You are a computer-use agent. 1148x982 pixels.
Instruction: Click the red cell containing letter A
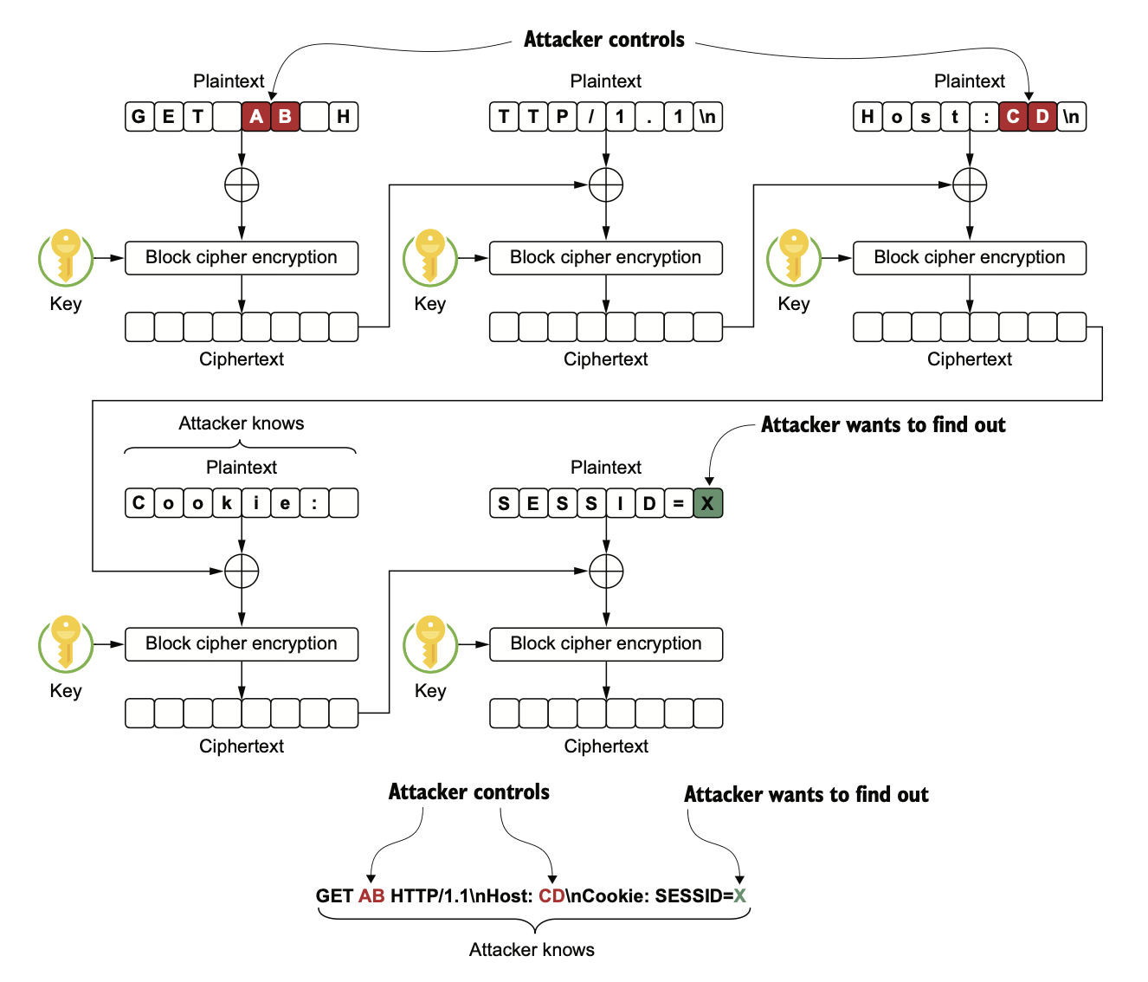pos(256,116)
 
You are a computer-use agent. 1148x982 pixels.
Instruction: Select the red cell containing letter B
pos(286,116)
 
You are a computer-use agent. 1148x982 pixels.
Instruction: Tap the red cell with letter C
pos(1013,116)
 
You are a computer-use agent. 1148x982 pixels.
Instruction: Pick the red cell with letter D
pos(1042,116)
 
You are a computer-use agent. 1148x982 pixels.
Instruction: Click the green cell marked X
pos(707,503)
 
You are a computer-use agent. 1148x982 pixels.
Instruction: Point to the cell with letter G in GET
pos(139,116)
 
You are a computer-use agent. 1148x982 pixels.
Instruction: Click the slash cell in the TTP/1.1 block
pos(591,116)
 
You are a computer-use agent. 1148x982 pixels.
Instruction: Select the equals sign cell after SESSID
pos(679,503)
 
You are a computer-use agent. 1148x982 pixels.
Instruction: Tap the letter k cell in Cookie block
pos(227,503)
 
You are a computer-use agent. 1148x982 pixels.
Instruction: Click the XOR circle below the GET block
pos(242,184)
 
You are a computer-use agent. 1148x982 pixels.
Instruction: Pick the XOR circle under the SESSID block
pos(606,572)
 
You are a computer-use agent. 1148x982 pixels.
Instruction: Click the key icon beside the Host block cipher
pos(794,257)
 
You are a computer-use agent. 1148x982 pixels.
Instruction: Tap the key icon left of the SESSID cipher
pos(430,643)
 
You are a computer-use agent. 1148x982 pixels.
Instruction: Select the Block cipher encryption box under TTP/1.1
pos(606,257)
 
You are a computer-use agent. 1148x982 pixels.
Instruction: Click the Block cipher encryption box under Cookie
pos(242,643)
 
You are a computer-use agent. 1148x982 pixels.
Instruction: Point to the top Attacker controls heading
pos(604,40)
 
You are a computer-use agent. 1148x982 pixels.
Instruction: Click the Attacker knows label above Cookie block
pos(242,423)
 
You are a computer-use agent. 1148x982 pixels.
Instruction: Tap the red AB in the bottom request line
pos(371,896)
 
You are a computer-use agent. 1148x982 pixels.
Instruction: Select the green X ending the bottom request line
pos(740,896)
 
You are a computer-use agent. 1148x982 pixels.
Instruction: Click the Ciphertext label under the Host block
pos(970,359)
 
